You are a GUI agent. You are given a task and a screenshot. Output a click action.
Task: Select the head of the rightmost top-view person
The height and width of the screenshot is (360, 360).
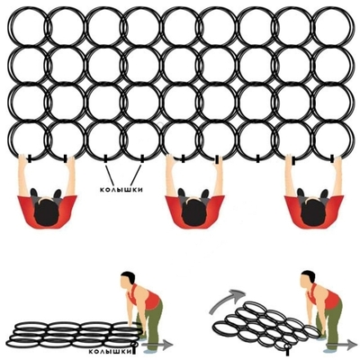[x=309, y=203]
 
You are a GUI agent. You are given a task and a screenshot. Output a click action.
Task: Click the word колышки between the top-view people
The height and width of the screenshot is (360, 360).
[x=123, y=191]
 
